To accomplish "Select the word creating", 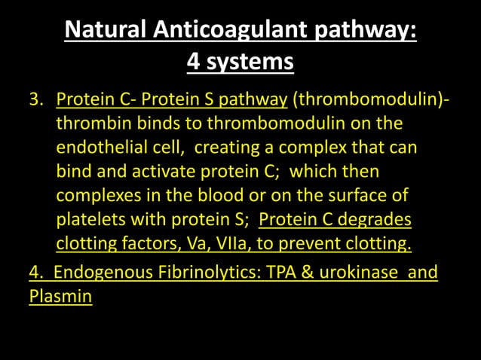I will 234,147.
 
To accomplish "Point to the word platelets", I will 92,220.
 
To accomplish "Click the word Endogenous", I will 106,272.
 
